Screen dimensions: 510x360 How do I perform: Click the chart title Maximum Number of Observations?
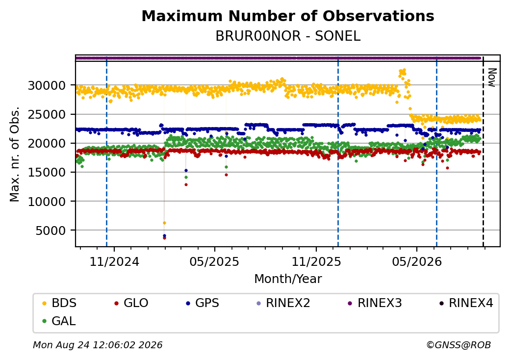(x=288, y=16)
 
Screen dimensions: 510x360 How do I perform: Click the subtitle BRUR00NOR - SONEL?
(x=288, y=36)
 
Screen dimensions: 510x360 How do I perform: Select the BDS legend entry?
(x=59, y=303)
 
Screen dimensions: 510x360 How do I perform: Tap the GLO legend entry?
(x=131, y=303)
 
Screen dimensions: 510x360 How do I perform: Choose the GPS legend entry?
(x=203, y=303)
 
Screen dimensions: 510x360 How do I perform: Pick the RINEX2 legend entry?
(x=283, y=303)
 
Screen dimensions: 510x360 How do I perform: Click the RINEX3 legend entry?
(x=375, y=303)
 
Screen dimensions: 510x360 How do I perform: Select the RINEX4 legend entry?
(x=466, y=303)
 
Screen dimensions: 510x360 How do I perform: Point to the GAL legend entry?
(x=59, y=321)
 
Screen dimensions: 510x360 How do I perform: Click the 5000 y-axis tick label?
(x=51, y=231)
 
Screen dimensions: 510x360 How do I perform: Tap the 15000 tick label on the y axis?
(x=47, y=172)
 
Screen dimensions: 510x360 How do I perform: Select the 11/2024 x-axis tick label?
(x=114, y=262)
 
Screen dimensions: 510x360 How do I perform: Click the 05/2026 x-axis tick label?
(x=417, y=262)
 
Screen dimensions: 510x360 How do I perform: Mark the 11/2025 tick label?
(x=316, y=262)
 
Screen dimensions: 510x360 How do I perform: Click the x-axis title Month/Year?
(x=288, y=279)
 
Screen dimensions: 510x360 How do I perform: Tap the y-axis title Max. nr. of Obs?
(x=15, y=154)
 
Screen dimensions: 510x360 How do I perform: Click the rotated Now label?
(x=492, y=77)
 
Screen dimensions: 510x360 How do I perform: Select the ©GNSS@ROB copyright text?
(x=459, y=345)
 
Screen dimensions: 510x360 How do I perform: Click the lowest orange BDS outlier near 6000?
(x=164, y=223)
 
